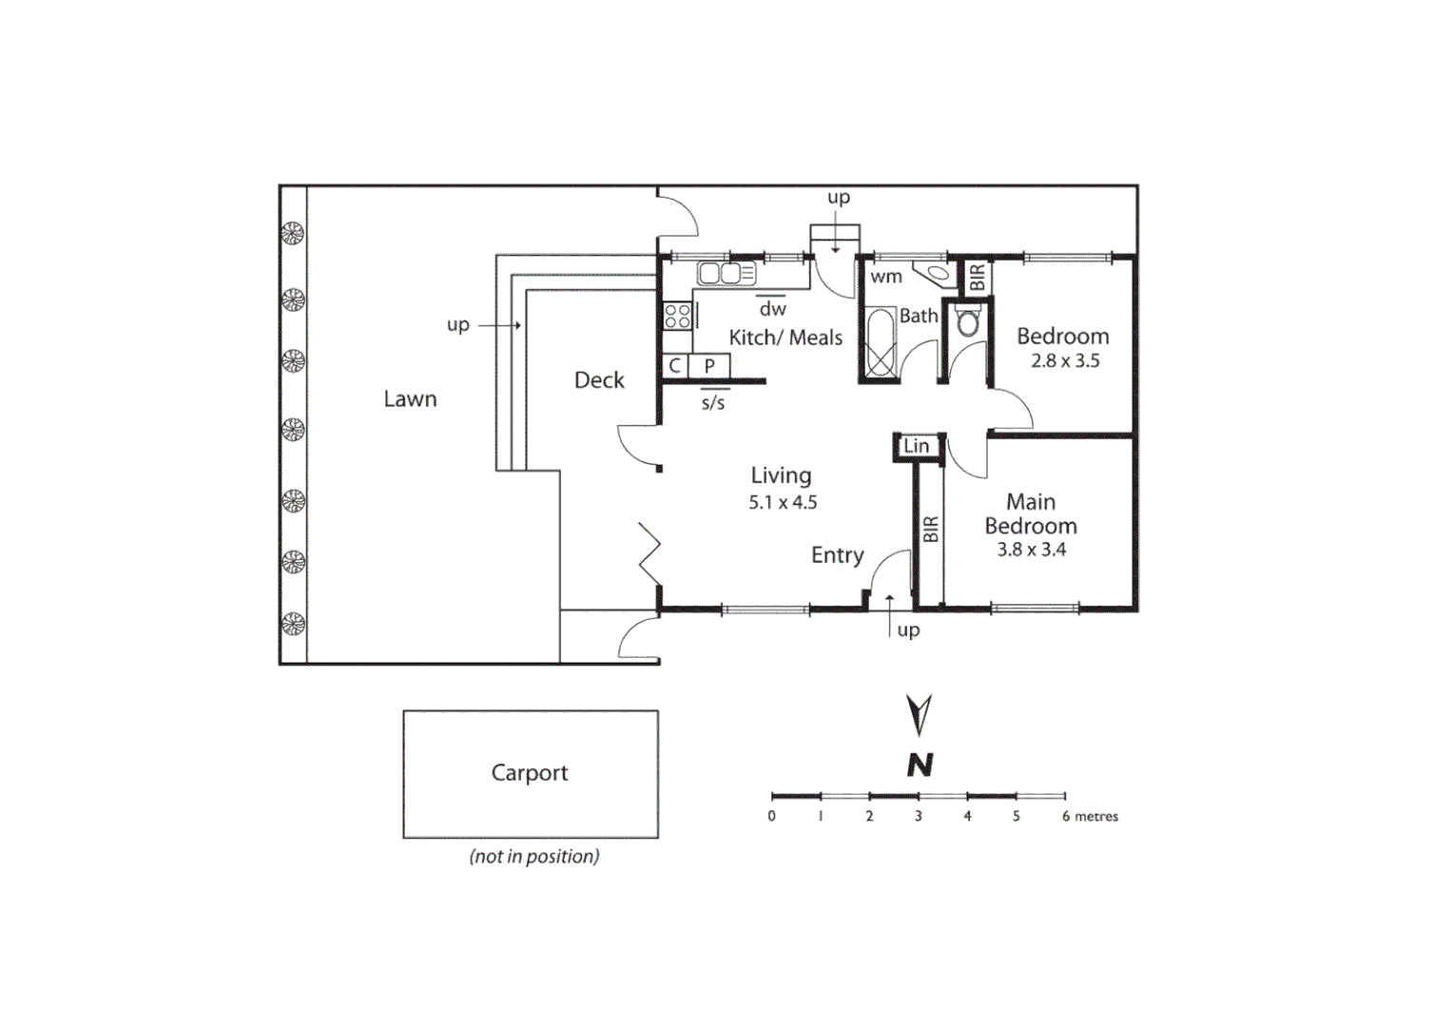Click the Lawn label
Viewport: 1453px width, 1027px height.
pyautogui.click(x=410, y=399)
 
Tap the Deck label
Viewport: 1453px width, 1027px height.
pyautogui.click(x=599, y=380)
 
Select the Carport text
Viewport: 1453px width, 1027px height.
pyautogui.click(x=530, y=773)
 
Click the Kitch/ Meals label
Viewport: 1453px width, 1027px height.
pyautogui.click(x=785, y=338)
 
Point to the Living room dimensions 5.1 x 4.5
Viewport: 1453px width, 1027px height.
pyautogui.click(x=783, y=503)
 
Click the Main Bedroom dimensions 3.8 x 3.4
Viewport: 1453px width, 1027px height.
pyautogui.click(x=1031, y=550)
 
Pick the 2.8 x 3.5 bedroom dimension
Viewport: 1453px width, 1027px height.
pyautogui.click(x=1065, y=361)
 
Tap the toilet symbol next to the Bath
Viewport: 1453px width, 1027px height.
pyautogui.click(x=968, y=321)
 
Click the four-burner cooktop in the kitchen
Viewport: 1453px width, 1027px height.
pyautogui.click(x=678, y=316)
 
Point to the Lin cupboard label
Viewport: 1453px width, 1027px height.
pyautogui.click(x=917, y=446)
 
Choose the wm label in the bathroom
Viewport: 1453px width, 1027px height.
pyautogui.click(x=886, y=277)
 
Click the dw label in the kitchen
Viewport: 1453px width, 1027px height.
pyautogui.click(x=772, y=309)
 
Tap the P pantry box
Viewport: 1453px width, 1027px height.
pyautogui.click(x=709, y=366)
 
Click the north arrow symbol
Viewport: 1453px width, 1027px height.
pyautogui.click(x=919, y=715)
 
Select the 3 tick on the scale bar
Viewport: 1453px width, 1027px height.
pyautogui.click(x=919, y=816)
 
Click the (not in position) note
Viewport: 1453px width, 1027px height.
pyautogui.click(x=534, y=857)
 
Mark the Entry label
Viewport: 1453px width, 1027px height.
pyautogui.click(x=837, y=555)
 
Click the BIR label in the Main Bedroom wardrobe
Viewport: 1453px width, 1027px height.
pyautogui.click(x=931, y=530)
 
